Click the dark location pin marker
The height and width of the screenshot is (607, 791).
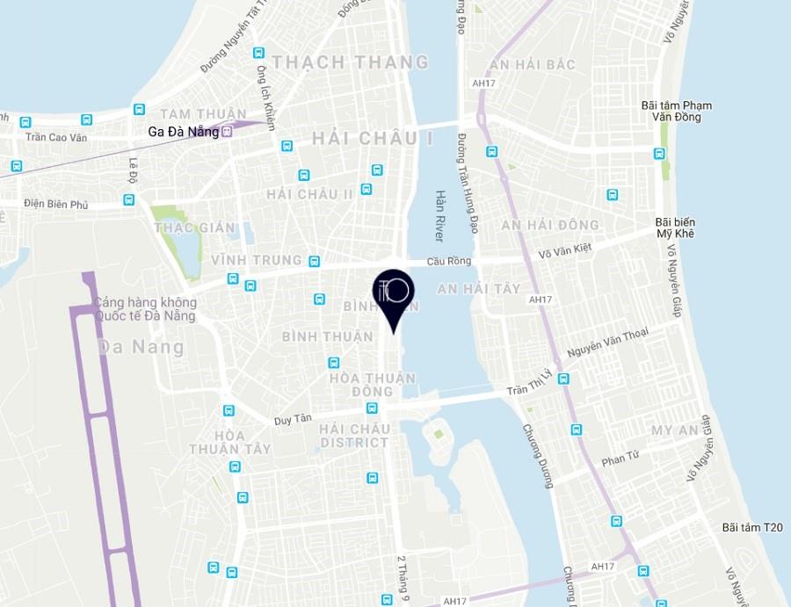[392, 295]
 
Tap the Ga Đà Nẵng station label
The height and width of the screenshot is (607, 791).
[183, 132]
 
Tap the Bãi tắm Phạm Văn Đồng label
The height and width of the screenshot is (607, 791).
[677, 111]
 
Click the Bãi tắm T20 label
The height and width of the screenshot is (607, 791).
[751, 527]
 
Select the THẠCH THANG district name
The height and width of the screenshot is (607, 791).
[351, 62]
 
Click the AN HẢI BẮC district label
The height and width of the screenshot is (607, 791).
[532, 65]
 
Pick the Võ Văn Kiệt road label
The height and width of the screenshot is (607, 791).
[565, 251]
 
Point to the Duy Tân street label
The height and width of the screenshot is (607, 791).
[293, 420]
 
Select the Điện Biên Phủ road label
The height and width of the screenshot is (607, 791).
[56, 205]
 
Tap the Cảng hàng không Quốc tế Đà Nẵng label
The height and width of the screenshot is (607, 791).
[146, 309]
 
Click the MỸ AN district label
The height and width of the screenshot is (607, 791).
[674, 430]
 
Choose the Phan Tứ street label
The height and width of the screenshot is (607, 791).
[620, 459]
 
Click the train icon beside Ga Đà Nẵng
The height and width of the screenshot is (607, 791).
[227, 132]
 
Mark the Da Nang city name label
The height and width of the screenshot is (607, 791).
[141, 346]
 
